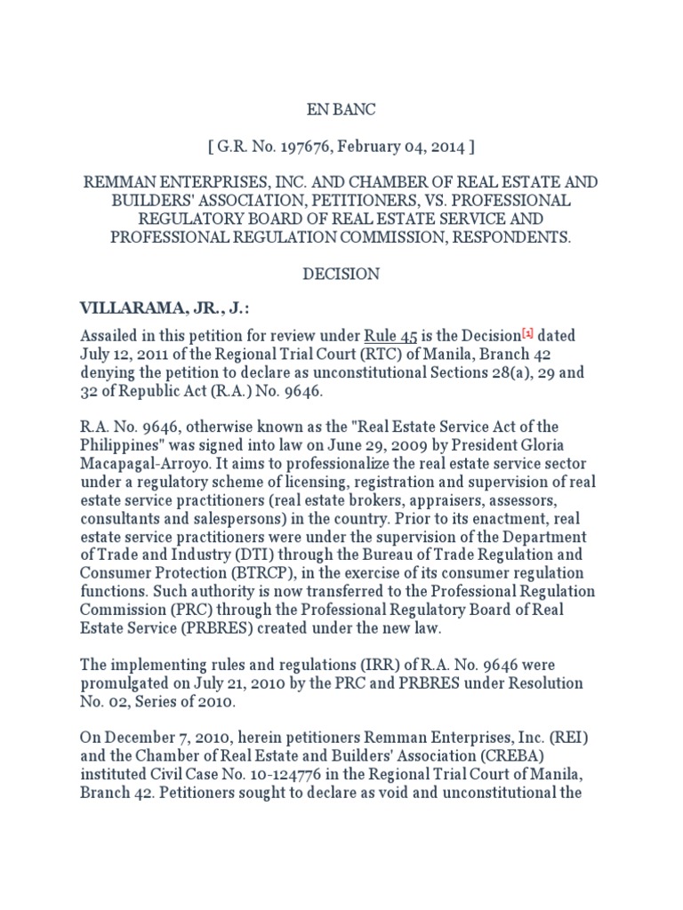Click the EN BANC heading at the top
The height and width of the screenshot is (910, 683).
pyautogui.click(x=341, y=109)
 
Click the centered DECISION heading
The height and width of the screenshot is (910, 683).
pyautogui.click(x=341, y=274)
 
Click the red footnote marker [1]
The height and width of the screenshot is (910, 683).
pyautogui.click(x=527, y=334)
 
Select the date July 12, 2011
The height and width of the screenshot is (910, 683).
pyautogui.click(x=122, y=355)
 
